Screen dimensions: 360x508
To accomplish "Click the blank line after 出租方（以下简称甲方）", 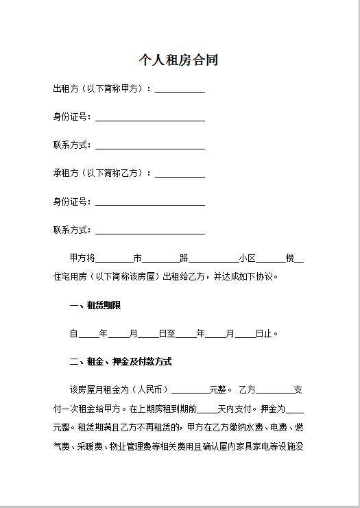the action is tap(180, 89).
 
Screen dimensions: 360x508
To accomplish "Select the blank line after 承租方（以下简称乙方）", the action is tap(180, 174).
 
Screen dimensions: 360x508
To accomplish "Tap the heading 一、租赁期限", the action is tap(95, 305).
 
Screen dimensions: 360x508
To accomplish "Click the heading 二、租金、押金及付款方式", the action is tap(120, 361).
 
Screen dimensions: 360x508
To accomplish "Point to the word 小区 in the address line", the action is tap(248, 258).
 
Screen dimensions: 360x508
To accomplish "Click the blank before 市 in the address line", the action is tap(114, 258).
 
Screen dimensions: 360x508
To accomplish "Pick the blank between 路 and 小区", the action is tap(213, 258).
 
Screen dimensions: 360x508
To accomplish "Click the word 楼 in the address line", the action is tap(290, 258).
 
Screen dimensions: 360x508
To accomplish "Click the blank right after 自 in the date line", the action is tap(88, 334).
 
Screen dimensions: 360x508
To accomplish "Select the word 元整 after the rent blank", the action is tap(219, 390).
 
